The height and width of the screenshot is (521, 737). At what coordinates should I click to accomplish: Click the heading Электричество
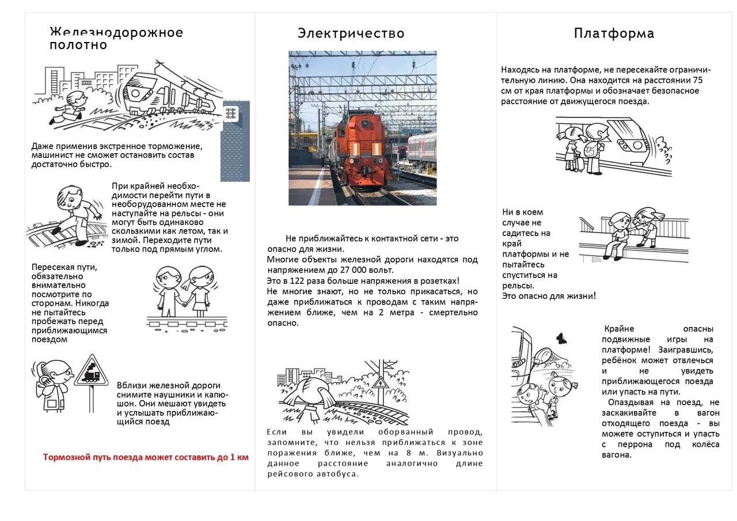click(x=351, y=33)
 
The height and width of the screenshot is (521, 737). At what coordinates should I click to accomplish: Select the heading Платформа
click(x=614, y=33)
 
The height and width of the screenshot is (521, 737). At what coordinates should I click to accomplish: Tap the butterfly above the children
click(x=560, y=339)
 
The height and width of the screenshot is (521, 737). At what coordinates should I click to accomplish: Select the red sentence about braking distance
click(x=146, y=457)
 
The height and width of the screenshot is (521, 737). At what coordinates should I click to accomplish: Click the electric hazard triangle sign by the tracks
click(x=379, y=382)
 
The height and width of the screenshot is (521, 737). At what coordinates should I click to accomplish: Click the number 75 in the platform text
click(x=697, y=80)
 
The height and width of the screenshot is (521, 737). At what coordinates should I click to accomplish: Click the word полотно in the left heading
click(x=78, y=45)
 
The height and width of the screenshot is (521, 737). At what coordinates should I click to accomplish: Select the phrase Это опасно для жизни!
click(x=549, y=296)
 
